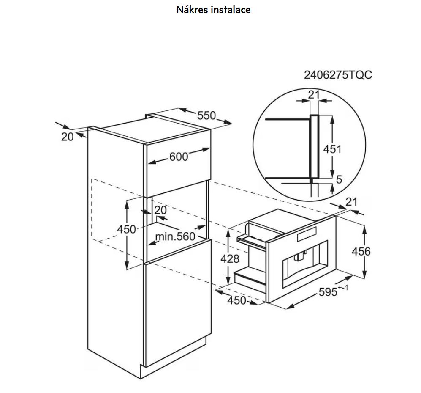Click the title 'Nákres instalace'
213,10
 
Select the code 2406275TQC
338,75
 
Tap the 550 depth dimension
206,115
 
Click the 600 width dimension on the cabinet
179,157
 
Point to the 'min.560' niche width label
175,236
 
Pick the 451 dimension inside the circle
332,149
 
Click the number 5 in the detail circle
339,179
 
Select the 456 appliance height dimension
361,251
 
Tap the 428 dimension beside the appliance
230,259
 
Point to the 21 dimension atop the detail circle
314,95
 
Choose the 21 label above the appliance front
351,202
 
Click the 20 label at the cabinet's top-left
67,137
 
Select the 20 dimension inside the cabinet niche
160,210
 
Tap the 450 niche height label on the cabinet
126,229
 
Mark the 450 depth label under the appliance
236,300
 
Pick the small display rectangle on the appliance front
307,234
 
